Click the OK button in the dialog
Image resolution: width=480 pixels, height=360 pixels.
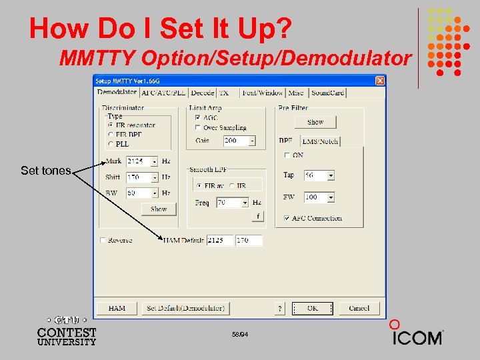tap(313, 308)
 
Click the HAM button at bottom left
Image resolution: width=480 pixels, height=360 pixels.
tap(117, 308)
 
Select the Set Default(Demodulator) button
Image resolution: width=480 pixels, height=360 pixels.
tap(185, 308)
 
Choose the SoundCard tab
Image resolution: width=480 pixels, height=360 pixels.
tap(327, 93)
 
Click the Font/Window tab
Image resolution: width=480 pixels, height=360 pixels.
tap(263, 93)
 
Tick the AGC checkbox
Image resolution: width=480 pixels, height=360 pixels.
tap(197, 117)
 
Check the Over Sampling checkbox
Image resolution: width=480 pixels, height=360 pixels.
tap(197, 127)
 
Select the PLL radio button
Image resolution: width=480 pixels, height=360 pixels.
tap(111, 143)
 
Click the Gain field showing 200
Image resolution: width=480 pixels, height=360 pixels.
tap(235, 141)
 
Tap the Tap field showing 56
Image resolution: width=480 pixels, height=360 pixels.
tap(315, 175)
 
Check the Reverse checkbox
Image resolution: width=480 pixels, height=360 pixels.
tap(103, 240)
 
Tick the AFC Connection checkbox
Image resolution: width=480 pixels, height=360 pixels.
tap(287, 218)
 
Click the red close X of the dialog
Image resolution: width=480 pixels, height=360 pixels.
tap(380, 81)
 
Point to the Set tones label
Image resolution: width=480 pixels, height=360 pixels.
tap(45, 171)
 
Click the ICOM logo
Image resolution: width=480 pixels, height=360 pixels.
tap(416, 336)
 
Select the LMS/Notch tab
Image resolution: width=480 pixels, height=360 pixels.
tap(320, 141)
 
